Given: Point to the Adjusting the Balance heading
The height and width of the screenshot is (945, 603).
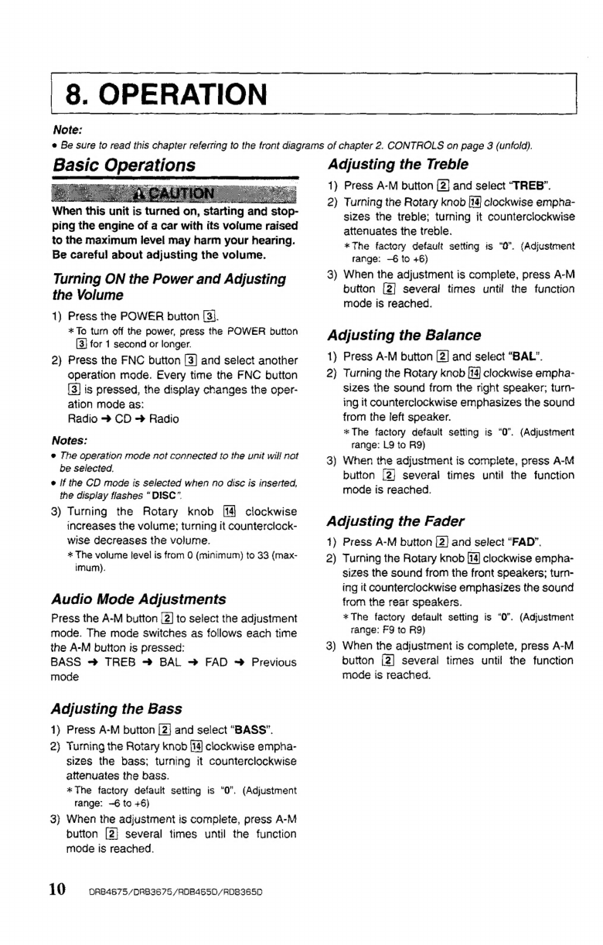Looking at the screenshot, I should click(404, 335).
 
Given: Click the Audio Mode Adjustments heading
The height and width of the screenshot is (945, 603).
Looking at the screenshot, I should click(138, 599).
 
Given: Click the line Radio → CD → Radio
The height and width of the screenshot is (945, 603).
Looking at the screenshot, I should click(124, 418).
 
